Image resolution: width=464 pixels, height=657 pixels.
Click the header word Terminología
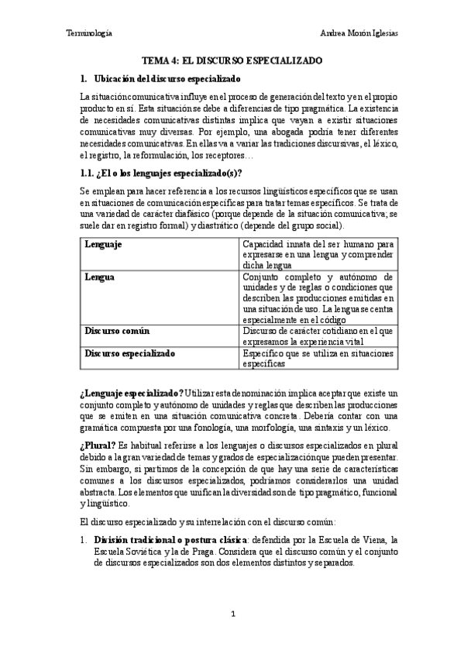coord(88,33)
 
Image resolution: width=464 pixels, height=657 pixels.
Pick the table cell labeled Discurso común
coord(116,331)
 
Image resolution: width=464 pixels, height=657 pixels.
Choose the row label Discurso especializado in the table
coord(129,353)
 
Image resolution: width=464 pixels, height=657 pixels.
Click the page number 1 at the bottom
coord(232,614)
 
